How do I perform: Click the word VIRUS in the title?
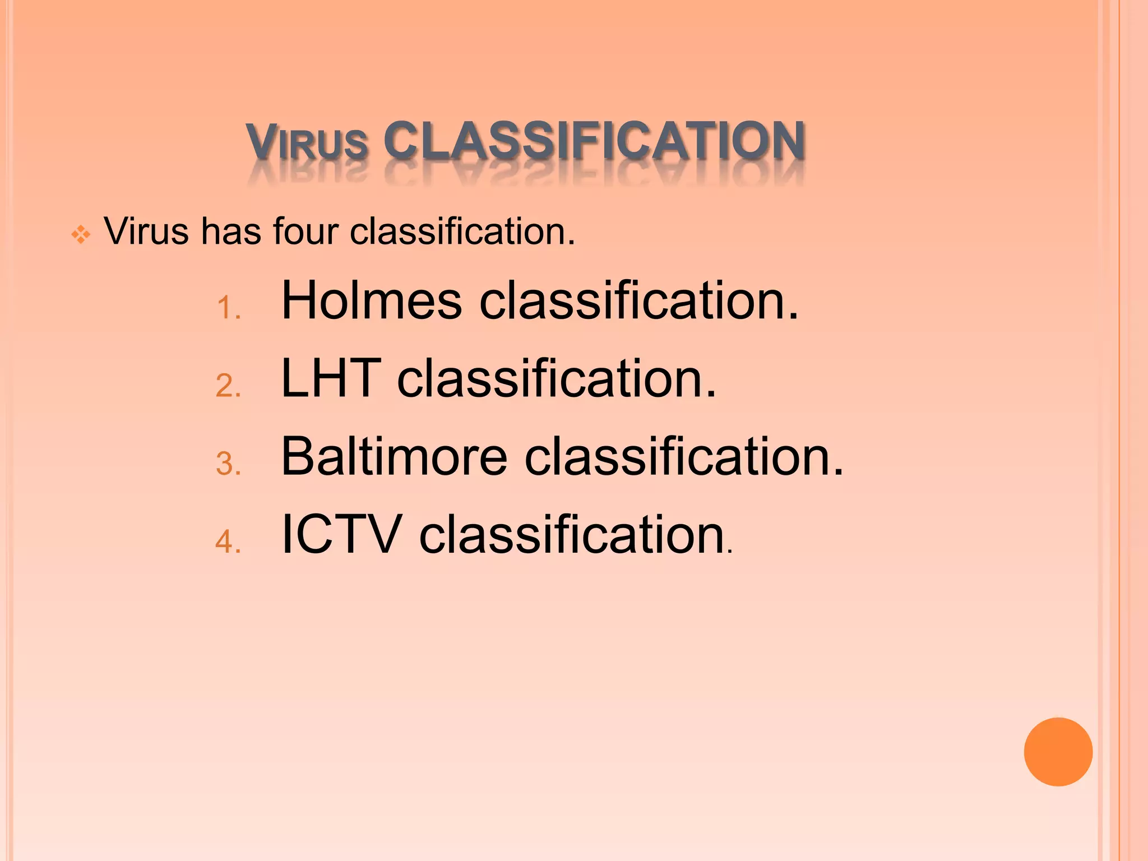pos(307,141)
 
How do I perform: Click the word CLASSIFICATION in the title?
pos(594,140)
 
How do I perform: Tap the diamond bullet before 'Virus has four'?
pos(81,234)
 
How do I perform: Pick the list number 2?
pos(228,386)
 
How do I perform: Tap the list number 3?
pos(228,464)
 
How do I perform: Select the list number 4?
pos(228,542)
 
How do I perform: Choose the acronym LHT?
pos(331,379)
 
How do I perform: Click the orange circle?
pos(1058,752)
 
